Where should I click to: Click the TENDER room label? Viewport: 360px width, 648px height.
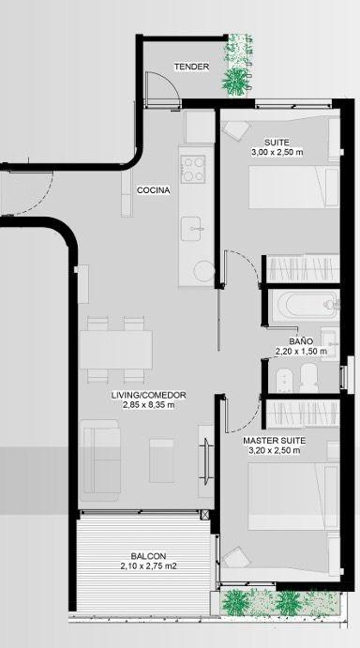click(x=191, y=67)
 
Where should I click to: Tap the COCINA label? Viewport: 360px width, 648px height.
click(x=154, y=190)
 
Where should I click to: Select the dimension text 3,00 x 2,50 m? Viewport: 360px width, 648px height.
click(x=277, y=153)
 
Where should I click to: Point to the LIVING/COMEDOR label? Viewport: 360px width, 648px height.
click(x=148, y=395)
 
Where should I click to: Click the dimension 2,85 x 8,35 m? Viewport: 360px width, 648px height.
click(x=148, y=405)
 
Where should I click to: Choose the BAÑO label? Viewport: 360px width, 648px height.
click(x=301, y=341)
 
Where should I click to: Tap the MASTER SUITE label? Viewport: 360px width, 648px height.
click(x=275, y=441)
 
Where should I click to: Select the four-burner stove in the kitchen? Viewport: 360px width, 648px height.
click(x=193, y=169)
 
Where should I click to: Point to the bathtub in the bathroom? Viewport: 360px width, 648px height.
click(x=307, y=305)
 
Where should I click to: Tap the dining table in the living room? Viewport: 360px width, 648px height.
click(x=115, y=349)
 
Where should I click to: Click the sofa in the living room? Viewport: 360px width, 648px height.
click(x=100, y=460)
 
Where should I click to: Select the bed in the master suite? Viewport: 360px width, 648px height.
click(x=293, y=496)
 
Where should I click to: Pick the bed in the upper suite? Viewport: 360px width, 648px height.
click(x=293, y=187)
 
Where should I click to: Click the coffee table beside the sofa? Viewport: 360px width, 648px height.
click(x=161, y=460)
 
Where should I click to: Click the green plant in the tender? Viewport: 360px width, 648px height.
click(x=234, y=81)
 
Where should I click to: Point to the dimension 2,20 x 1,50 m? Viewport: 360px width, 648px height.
click(x=301, y=352)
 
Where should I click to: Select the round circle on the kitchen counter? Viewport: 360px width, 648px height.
click(x=204, y=272)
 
